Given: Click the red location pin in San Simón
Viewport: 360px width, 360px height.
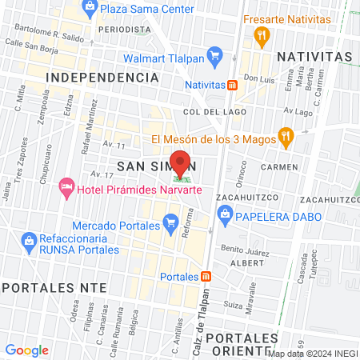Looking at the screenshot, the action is [181, 163].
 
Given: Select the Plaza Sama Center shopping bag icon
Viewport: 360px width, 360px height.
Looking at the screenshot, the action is [90, 9].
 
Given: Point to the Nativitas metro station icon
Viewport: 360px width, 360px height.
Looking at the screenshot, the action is [232, 84].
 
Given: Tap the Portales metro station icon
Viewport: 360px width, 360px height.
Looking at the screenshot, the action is [206, 277].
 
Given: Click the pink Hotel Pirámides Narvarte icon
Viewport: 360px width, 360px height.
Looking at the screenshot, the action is [66, 188].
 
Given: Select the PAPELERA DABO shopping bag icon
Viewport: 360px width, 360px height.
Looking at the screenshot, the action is [226, 214].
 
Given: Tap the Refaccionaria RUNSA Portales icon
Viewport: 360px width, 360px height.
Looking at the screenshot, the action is [29, 239].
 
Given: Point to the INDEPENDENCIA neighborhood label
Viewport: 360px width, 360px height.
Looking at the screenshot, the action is [102, 77].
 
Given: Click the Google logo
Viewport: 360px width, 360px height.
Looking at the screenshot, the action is [26, 350].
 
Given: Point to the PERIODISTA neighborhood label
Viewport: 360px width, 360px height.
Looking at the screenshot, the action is [124, 28].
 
